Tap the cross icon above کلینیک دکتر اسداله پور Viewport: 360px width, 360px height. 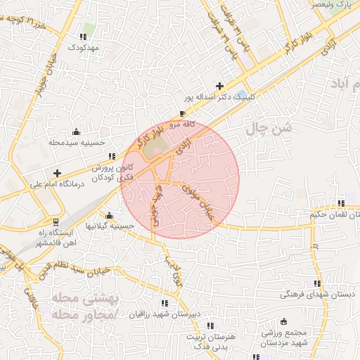[220, 86]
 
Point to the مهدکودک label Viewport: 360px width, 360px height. [85, 47]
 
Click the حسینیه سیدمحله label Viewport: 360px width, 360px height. [76, 142]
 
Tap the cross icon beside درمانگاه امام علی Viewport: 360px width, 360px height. [57, 173]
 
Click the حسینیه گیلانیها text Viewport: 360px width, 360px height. [108, 226]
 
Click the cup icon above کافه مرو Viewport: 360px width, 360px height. [183, 113]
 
